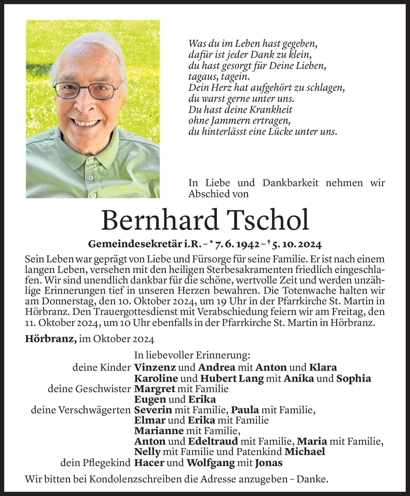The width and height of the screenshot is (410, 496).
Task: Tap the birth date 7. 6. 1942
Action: pyautogui.click(x=237, y=245)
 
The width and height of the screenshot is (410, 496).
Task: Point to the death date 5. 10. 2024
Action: pyautogui.click(x=297, y=245)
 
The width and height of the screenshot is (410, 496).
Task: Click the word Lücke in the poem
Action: pyautogui.click(x=280, y=132)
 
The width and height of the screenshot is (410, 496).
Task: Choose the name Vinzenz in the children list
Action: pyautogui.click(x=155, y=368)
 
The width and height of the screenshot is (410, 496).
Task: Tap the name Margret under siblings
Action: pyautogui.click(x=154, y=389)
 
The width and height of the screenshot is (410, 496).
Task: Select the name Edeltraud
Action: pyautogui.click(x=213, y=441)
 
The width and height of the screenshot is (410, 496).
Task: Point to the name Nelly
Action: pyautogui.click(x=147, y=452)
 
